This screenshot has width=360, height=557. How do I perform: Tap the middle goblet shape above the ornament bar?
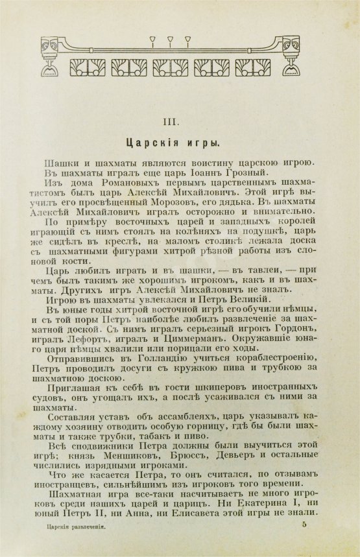point(171,40)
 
